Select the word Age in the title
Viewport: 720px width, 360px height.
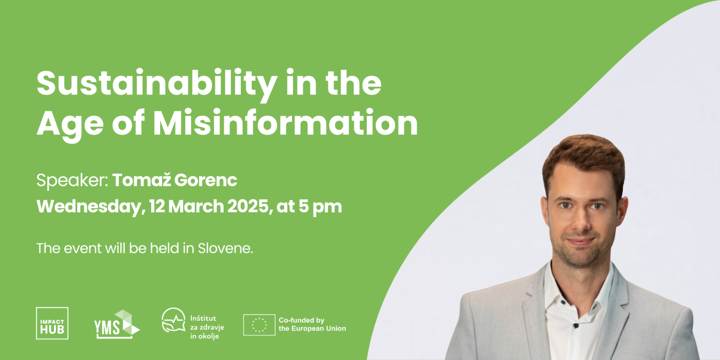[70, 126]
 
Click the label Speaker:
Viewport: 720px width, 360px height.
[72, 180]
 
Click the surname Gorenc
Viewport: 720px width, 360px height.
[206, 180]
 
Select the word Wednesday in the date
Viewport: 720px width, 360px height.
[89, 207]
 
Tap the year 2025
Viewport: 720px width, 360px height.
[248, 207]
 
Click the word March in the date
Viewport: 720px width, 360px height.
[196, 207]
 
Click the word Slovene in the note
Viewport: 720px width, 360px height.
[225, 248]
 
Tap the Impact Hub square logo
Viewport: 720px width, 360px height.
[52, 323]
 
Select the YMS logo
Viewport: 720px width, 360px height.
[117, 324]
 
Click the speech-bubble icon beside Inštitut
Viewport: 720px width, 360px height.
[174, 320]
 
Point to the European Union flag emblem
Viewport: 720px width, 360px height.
[259, 324]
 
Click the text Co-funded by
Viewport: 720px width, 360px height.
[301, 320]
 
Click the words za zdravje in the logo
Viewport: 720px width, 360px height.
[207, 328]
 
